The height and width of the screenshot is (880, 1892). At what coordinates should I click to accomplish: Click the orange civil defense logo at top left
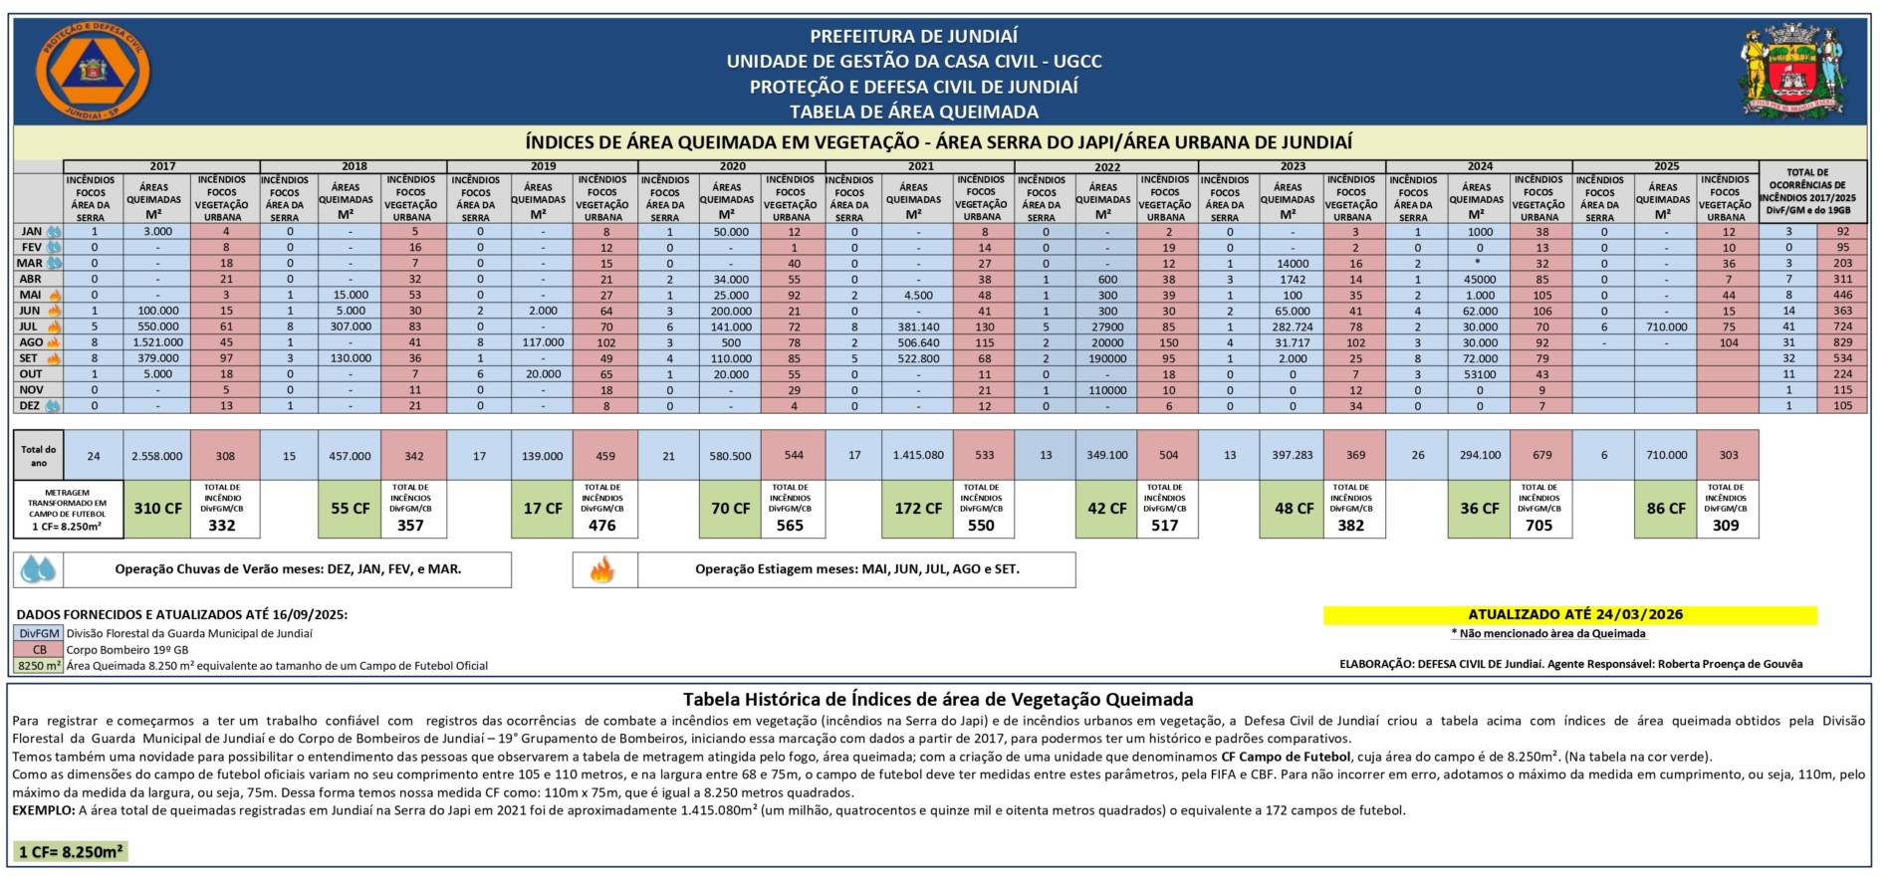(x=93, y=72)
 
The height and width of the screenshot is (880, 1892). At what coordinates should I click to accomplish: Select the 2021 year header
(x=920, y=166)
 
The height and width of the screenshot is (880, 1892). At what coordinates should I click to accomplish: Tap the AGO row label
(x=31, y=342)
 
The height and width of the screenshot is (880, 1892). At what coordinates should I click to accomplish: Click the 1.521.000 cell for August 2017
(x=157, y=342)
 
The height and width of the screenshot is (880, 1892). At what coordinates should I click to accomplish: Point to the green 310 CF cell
(x=157, y=509)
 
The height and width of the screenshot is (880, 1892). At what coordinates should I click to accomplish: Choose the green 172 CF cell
(x=917, y=509)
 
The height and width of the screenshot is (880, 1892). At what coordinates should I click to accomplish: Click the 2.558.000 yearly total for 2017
(x=157, y=456)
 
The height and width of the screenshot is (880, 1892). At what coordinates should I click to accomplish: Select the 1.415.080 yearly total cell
(x=917, y=456)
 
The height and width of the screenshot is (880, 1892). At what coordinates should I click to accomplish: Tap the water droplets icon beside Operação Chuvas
(x=39, y=570)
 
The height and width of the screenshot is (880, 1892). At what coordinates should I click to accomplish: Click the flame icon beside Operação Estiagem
(x=602, y=570)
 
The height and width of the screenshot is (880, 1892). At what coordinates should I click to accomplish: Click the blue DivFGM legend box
(x=39, y=634)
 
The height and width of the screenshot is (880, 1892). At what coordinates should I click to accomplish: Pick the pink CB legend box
(x=39, y=650)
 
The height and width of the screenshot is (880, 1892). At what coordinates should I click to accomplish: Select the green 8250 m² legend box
(x=39, y=666)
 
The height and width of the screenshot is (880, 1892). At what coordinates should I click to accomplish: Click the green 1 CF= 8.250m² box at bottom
(x=71, y=852)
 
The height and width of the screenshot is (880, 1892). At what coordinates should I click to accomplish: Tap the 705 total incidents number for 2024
(x=1538, y=526)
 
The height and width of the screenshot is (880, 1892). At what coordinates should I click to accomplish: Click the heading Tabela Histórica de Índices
(x=937, y=700)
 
